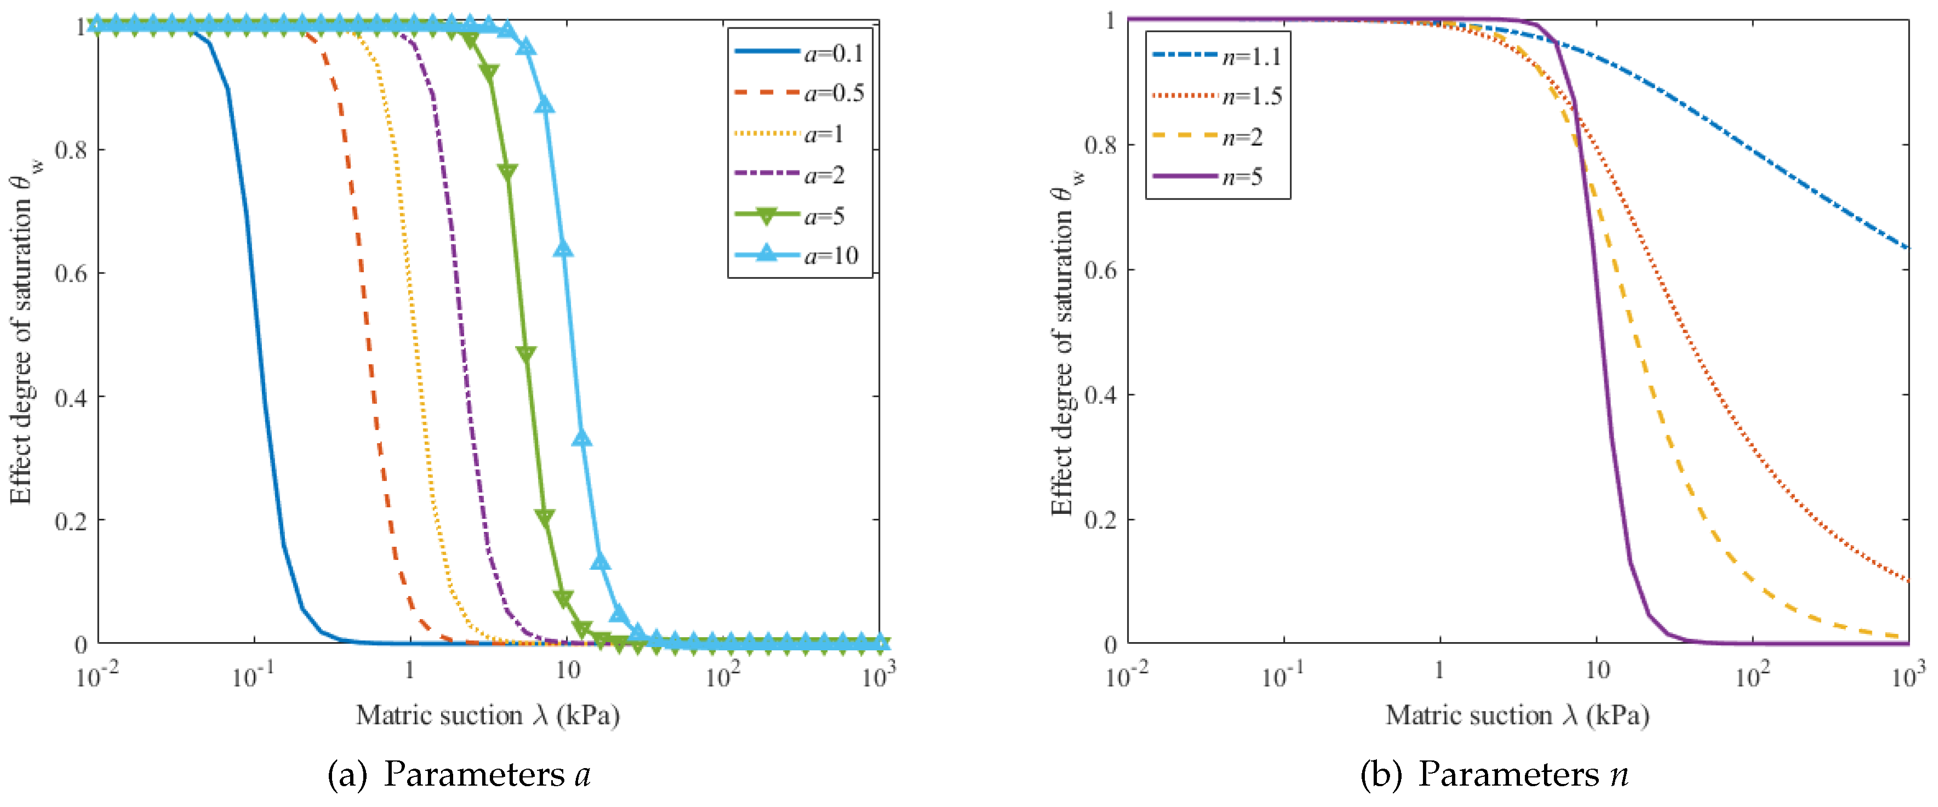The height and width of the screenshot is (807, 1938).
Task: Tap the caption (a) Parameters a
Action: coord(459,775)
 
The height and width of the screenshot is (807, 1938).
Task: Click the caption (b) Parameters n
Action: coord(1494,775)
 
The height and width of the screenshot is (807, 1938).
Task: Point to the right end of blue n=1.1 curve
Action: coord(1906,247)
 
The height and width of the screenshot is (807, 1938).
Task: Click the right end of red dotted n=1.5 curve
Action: coord(1906,579)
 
